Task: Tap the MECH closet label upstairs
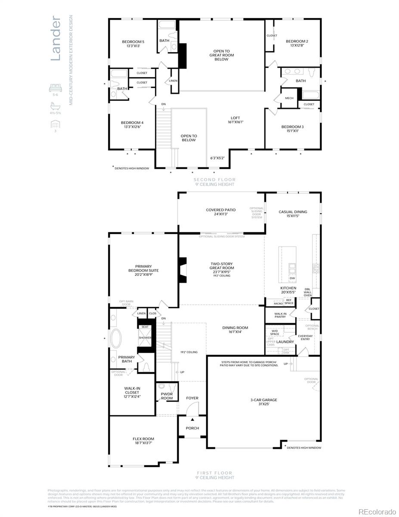tap(289, 98)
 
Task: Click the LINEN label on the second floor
tap(173, 81)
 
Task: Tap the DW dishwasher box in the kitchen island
tap(292, 278)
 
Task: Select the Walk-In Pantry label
tap(280, 315)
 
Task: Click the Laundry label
tap(285, 342)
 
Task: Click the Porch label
tap(192, 428)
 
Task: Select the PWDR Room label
tap(167, 396)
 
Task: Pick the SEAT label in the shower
tap(145, 327)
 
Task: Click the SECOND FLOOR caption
tap(214, 180)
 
